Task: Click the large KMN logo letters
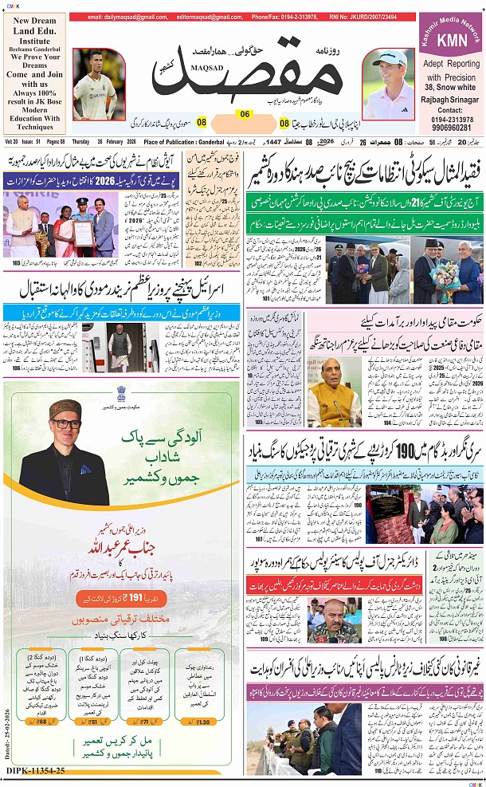click(x=451, y=40)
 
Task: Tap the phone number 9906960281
click(x=451, y=127)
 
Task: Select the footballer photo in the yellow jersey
click(x=99, y=84)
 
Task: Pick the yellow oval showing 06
click(x=245, y=114)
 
